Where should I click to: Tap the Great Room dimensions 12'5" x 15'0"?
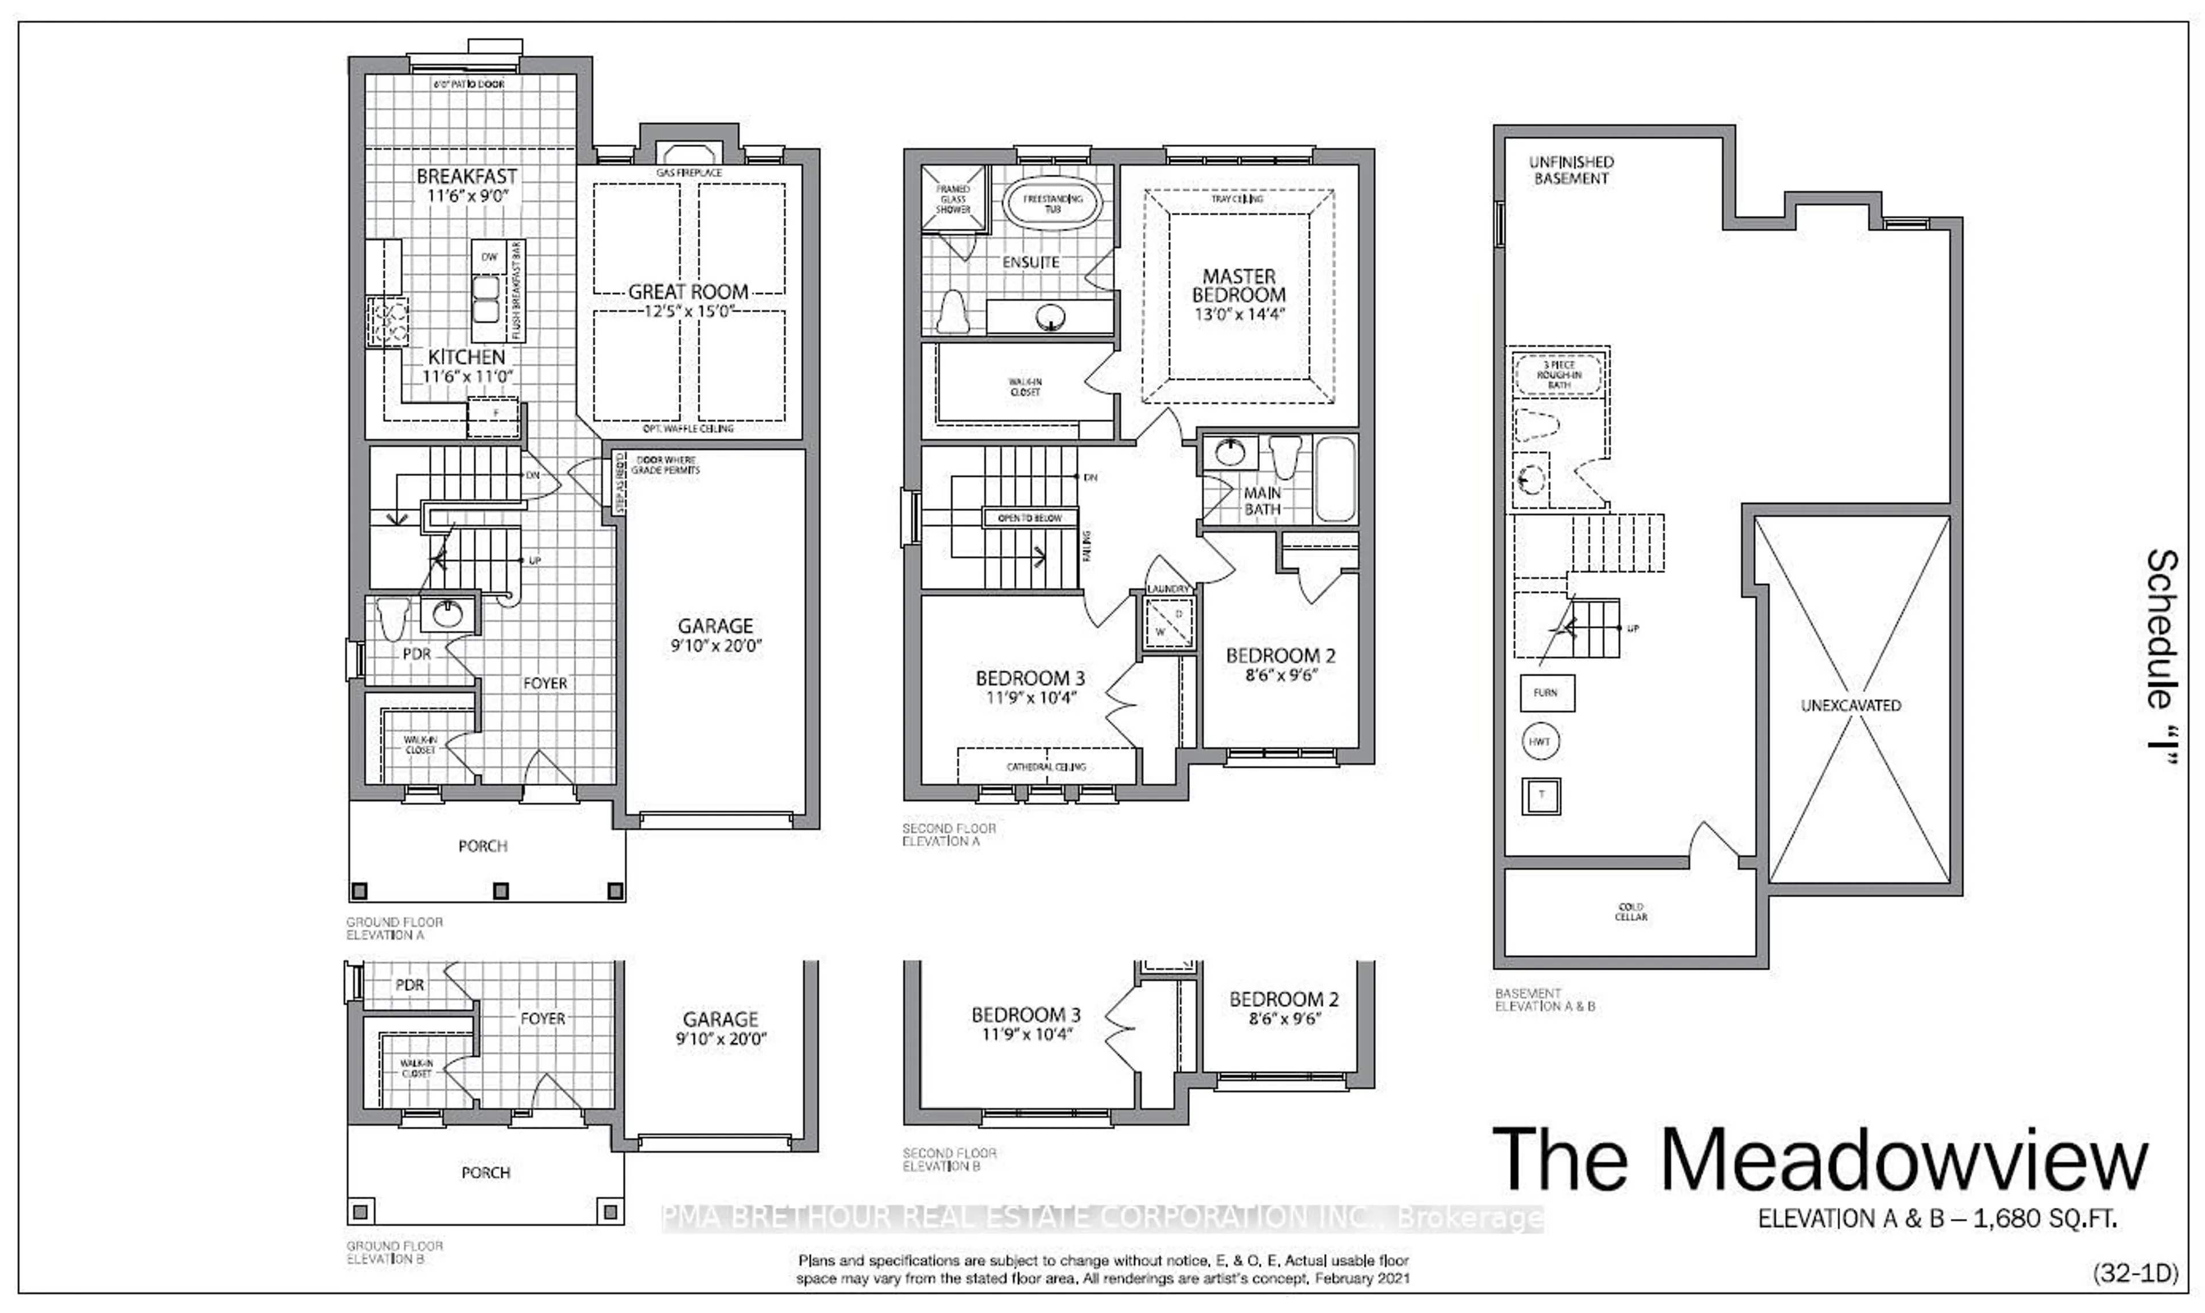[x=688, y=311]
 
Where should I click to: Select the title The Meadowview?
[x=1819, y=1159]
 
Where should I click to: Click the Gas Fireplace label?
[x=688, y=173]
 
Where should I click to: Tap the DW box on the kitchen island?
[x=489, y=257]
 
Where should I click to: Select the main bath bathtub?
[x=1334, y=479]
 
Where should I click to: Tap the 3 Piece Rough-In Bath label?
[x=1558, y=374]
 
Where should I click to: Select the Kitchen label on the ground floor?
[x=466, y=357]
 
